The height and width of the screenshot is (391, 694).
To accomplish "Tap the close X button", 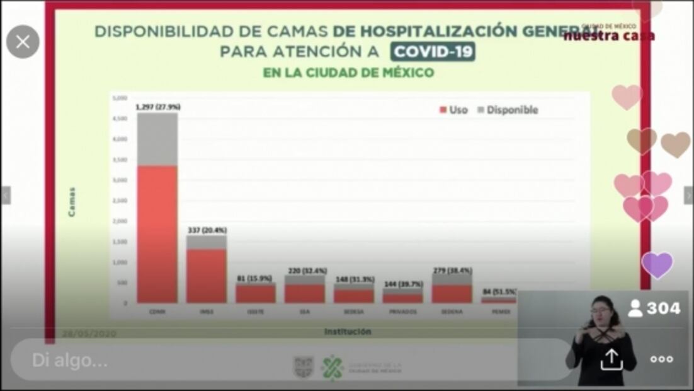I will click(x=23, y=42).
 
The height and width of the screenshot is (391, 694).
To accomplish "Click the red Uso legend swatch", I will click(x=443, y=110).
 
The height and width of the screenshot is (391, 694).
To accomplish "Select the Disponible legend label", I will click(x=512, y=110).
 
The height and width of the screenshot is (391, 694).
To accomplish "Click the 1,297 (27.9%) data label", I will click(x=157, y=107).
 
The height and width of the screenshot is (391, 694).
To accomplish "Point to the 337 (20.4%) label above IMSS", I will click(x=207, y=230).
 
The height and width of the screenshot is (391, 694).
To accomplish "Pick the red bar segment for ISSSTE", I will click(x=256, y=294).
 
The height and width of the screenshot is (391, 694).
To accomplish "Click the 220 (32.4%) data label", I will click(x=305, y=271).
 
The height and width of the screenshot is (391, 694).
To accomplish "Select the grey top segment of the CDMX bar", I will click(x=157, y=139).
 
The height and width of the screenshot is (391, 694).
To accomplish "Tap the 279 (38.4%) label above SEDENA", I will click(x=452, y=271).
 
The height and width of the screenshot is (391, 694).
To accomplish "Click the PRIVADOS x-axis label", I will click(x=403, y=312).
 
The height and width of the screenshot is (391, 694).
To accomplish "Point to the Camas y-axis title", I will click(x=72, y=202).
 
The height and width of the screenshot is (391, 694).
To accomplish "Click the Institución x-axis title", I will click(x=348, y=331).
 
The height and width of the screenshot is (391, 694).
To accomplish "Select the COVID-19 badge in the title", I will click(x=432, y=52).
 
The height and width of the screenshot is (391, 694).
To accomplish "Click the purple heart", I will click(x=657, y=265).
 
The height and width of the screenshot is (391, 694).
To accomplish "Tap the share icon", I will click(x=610, y=359).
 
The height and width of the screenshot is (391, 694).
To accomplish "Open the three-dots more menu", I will click(x=661, y=359).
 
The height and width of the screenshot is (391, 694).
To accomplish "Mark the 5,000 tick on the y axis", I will click(x=119, y=98).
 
